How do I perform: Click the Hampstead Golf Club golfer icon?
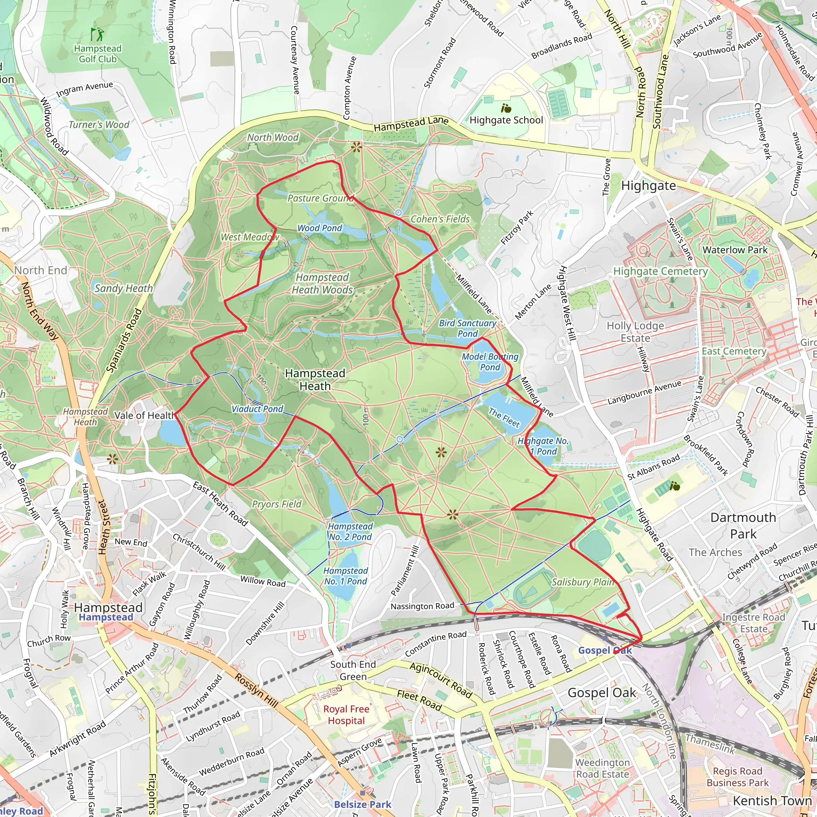click(97, 34)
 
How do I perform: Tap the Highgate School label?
click(506, 120)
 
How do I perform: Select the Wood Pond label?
click(320, 228)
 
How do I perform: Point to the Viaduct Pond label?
click(257, 409)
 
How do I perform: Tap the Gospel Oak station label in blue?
click(605, 650)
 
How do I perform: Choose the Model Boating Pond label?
click(490, 362)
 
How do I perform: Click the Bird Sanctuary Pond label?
click(467, 328)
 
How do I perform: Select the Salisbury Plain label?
click(583, 582)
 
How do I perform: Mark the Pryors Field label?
click(276, 504)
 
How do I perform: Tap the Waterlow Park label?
click(735, 250)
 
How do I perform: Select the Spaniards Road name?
click(124, 341)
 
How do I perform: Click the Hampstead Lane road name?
click(410, 124)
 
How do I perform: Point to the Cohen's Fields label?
click(440, 219)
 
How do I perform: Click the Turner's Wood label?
click(99, 125)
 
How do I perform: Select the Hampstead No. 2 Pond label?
click(350, 531)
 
